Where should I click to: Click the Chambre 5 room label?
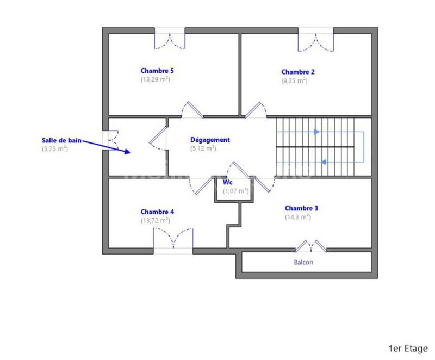point(157,71)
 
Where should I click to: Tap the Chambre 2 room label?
point(298,72)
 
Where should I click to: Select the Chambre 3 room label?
point(301,208)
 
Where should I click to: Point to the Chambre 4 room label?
point(157,212)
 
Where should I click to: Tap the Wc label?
point(227,183)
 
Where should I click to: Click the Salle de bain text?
point(62,140)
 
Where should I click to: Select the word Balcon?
point(303,262)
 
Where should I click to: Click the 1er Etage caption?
point(407,348)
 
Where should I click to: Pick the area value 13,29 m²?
point(156,79)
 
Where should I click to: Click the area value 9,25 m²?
point(294,80)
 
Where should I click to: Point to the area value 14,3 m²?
point(298,217)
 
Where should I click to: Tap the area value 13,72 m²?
point(156,220)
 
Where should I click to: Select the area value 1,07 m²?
point(235,191)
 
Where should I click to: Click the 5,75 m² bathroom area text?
point(55,148)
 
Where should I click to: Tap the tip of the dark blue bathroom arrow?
point(130,153)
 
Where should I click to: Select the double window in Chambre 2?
point(315,41)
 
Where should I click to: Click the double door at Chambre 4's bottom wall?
point(173,239)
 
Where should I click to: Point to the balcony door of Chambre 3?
point(310,246)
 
